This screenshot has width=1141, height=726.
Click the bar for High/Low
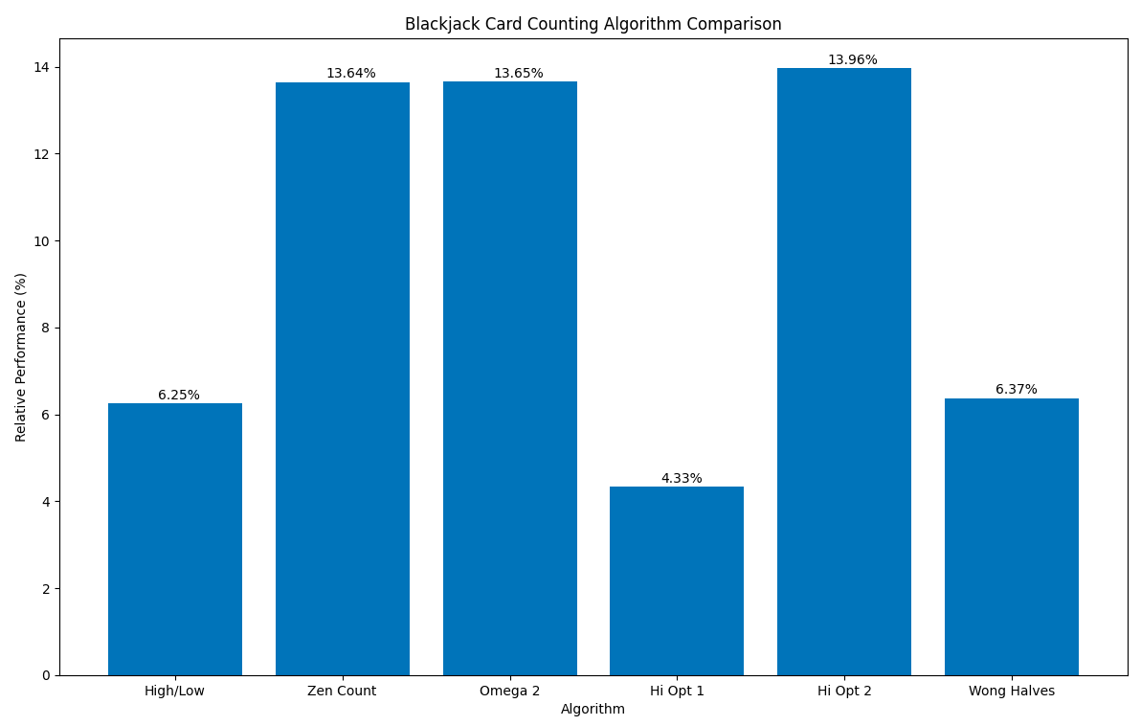click(175, 539)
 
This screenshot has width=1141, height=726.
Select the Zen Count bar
click(343, 378)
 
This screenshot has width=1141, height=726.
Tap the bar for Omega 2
click(510, 378)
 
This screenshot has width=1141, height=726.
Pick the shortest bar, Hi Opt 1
click(677, 580)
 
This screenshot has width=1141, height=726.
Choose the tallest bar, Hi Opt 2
click(844, 372)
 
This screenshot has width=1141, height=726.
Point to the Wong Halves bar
click(1012, 536)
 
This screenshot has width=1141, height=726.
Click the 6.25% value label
click(179, 395)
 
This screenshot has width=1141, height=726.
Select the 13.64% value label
click(350, 74)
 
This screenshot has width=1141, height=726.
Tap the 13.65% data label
click(518, 74)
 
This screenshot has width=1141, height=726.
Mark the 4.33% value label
click(682, 478)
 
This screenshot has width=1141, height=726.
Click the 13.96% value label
click(852, 60)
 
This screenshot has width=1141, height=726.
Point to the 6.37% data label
click(1016, 389)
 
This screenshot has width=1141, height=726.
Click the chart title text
click(593, 24)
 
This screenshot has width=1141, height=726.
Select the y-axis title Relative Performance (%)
click(21, 356)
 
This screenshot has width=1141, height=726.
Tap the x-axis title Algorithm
click(593, 709)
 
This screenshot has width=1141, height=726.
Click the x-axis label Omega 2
click(510, 691)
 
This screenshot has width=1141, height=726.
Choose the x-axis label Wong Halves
click(1012, 691)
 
